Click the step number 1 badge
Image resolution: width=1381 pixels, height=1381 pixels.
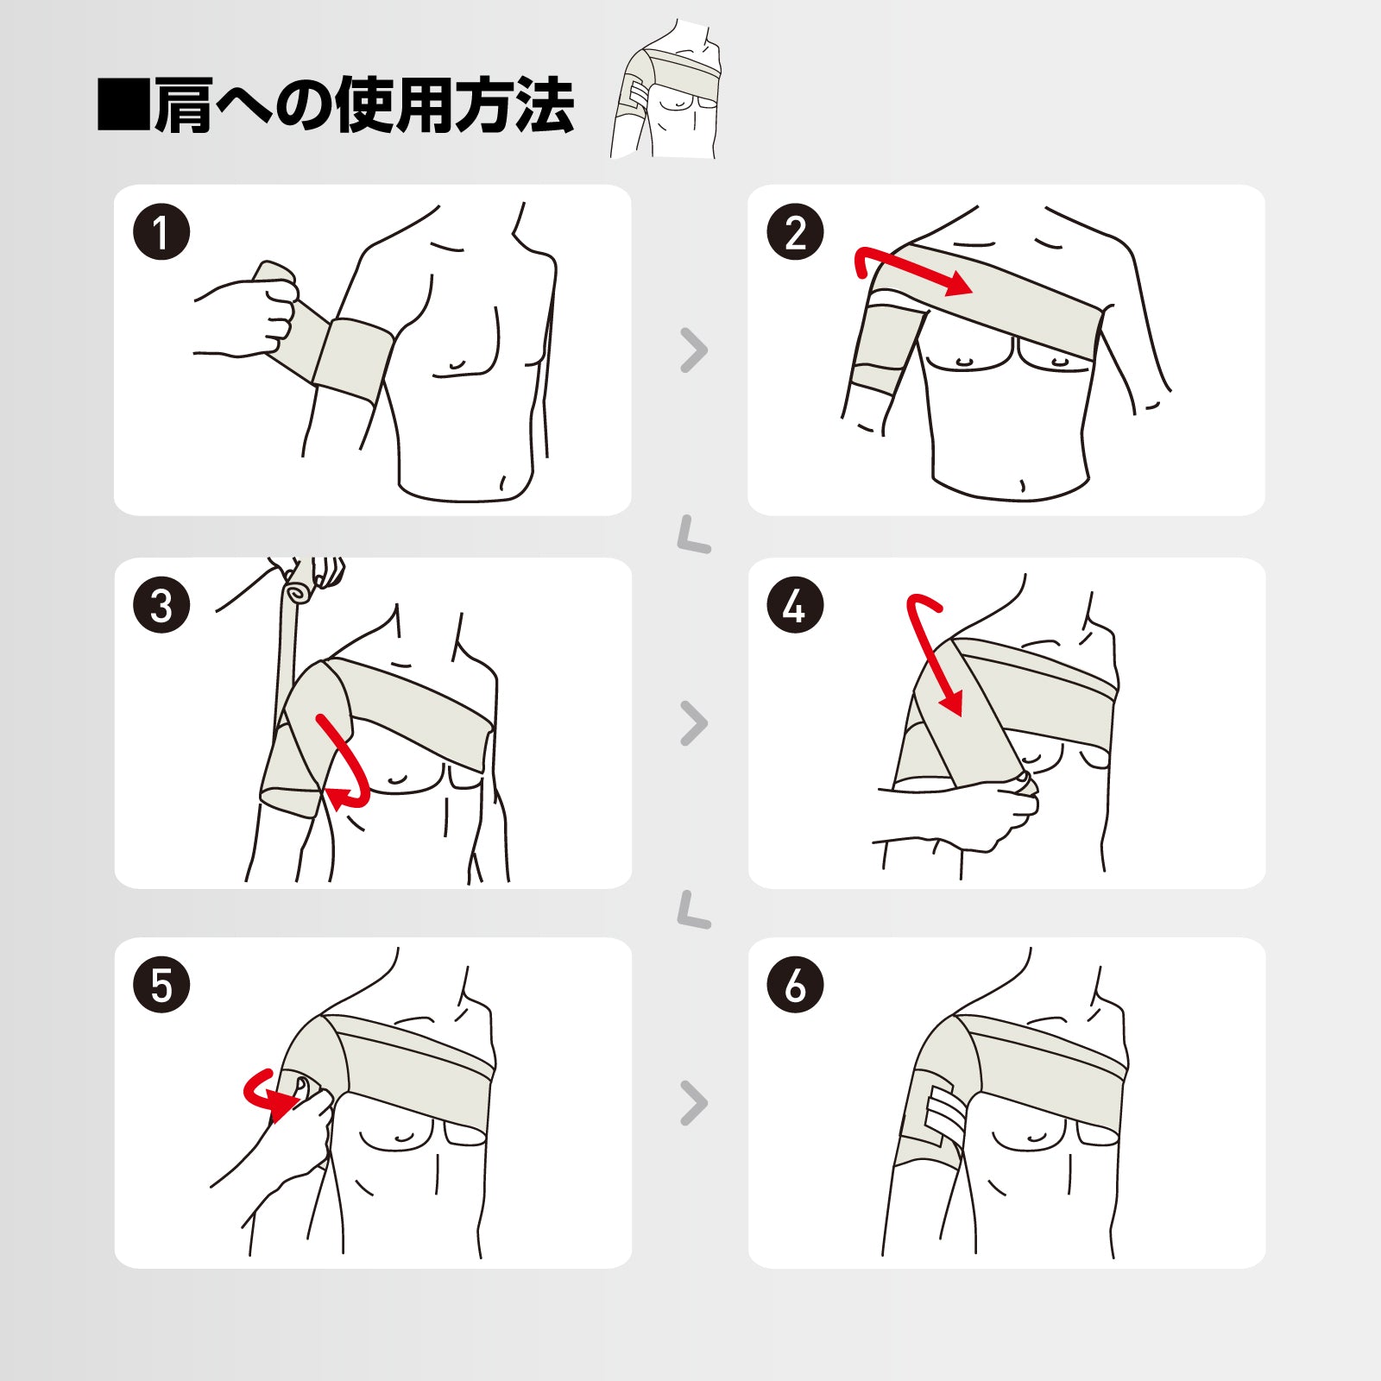[x=161, y=232]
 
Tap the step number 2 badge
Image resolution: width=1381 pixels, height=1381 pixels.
[x=795, y=232]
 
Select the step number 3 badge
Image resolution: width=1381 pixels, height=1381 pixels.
[x=161, y=605]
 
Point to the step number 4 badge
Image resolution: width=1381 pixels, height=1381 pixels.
[x=795, y=605]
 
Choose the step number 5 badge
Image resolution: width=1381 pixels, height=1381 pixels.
[x=161, y=985]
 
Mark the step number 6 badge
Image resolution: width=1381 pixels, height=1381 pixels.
[x=795, y=985]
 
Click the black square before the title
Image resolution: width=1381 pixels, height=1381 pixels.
[x=123, y=104]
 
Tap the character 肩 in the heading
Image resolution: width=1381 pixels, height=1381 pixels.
[x=183, y=104]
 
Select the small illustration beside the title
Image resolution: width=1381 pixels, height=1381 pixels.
[x=665, y=89]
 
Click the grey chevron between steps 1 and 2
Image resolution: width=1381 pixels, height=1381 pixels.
[x=694, y=350]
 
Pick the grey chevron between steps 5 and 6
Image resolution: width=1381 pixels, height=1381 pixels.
[x=694, y=1103]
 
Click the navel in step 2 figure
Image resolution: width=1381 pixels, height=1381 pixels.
[x=1022, y=485]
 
